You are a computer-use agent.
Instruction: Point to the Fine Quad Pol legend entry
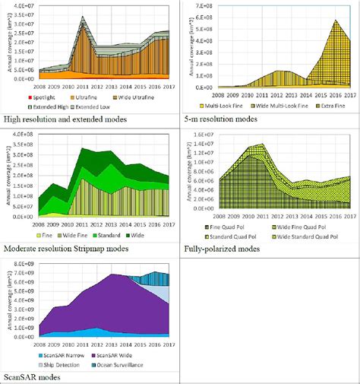[x=228, y=227]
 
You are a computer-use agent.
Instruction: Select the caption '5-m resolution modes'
[x=226, y=119]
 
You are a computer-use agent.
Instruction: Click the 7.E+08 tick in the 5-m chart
[x=203, y=6]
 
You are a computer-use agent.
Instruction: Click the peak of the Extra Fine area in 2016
[x=336, y=21]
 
